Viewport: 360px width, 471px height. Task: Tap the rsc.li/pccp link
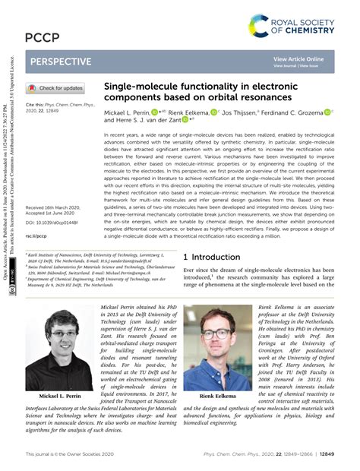tap(36, 235)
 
